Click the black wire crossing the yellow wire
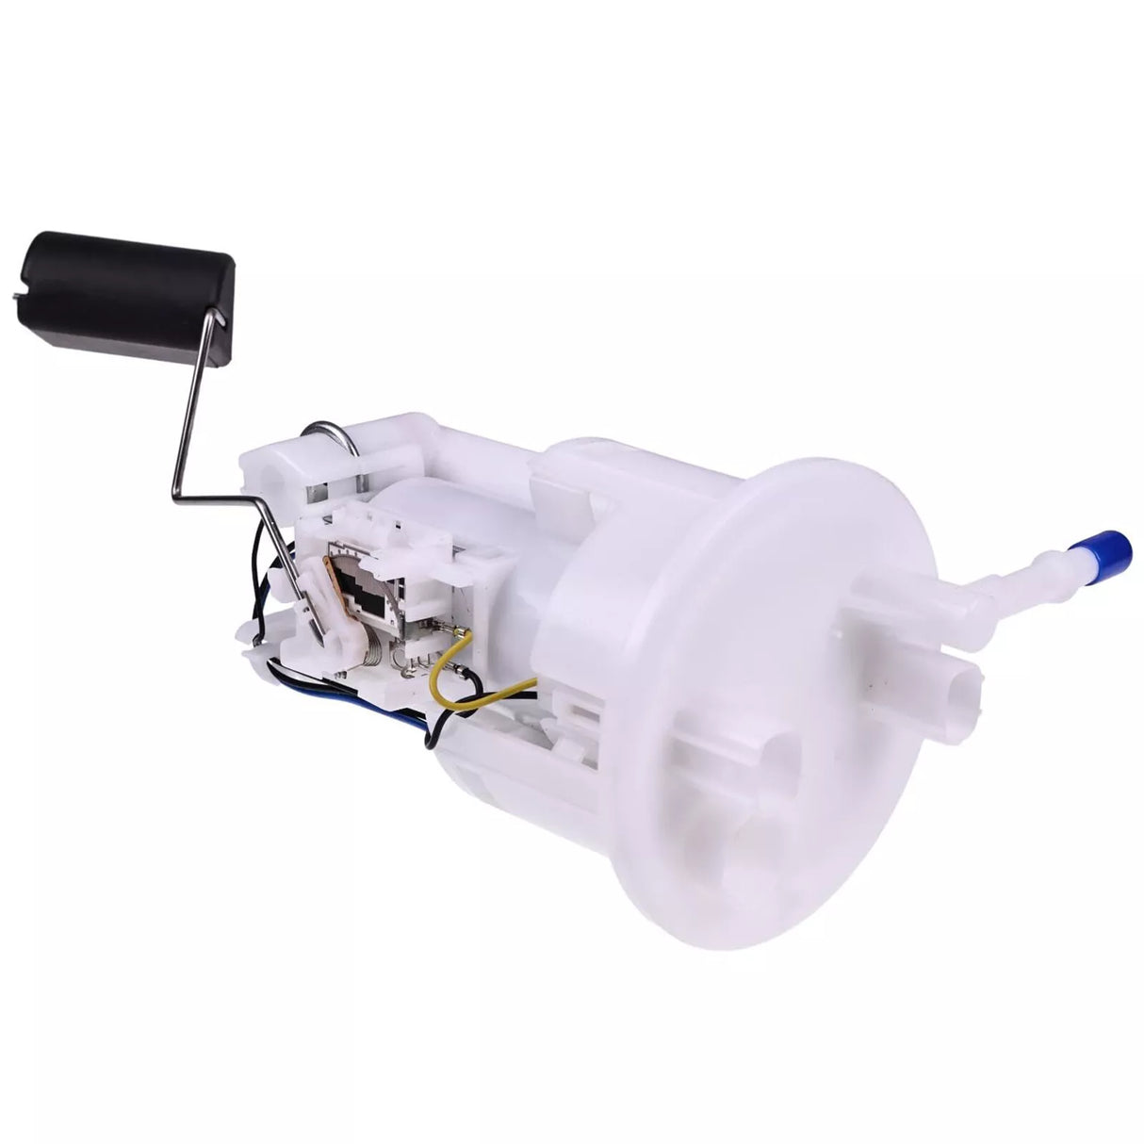tap(499, 696)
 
